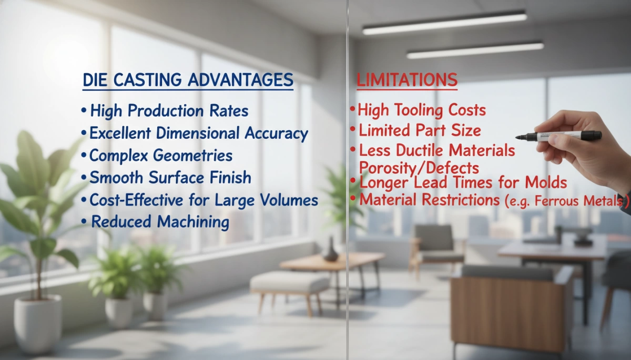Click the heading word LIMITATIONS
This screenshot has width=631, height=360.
[x=407, y=80]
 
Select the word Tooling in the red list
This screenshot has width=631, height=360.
[x=423, y=110]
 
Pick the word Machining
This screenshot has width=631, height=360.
[x=195, y=222]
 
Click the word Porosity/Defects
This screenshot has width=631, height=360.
[x=419, y=168]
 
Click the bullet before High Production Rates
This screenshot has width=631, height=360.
[x=84, y=111]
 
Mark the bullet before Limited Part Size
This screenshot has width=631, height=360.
[x=353, y=130]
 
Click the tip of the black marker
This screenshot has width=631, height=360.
[x=518, y=138]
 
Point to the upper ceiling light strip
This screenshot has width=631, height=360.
[x=444, y=23]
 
